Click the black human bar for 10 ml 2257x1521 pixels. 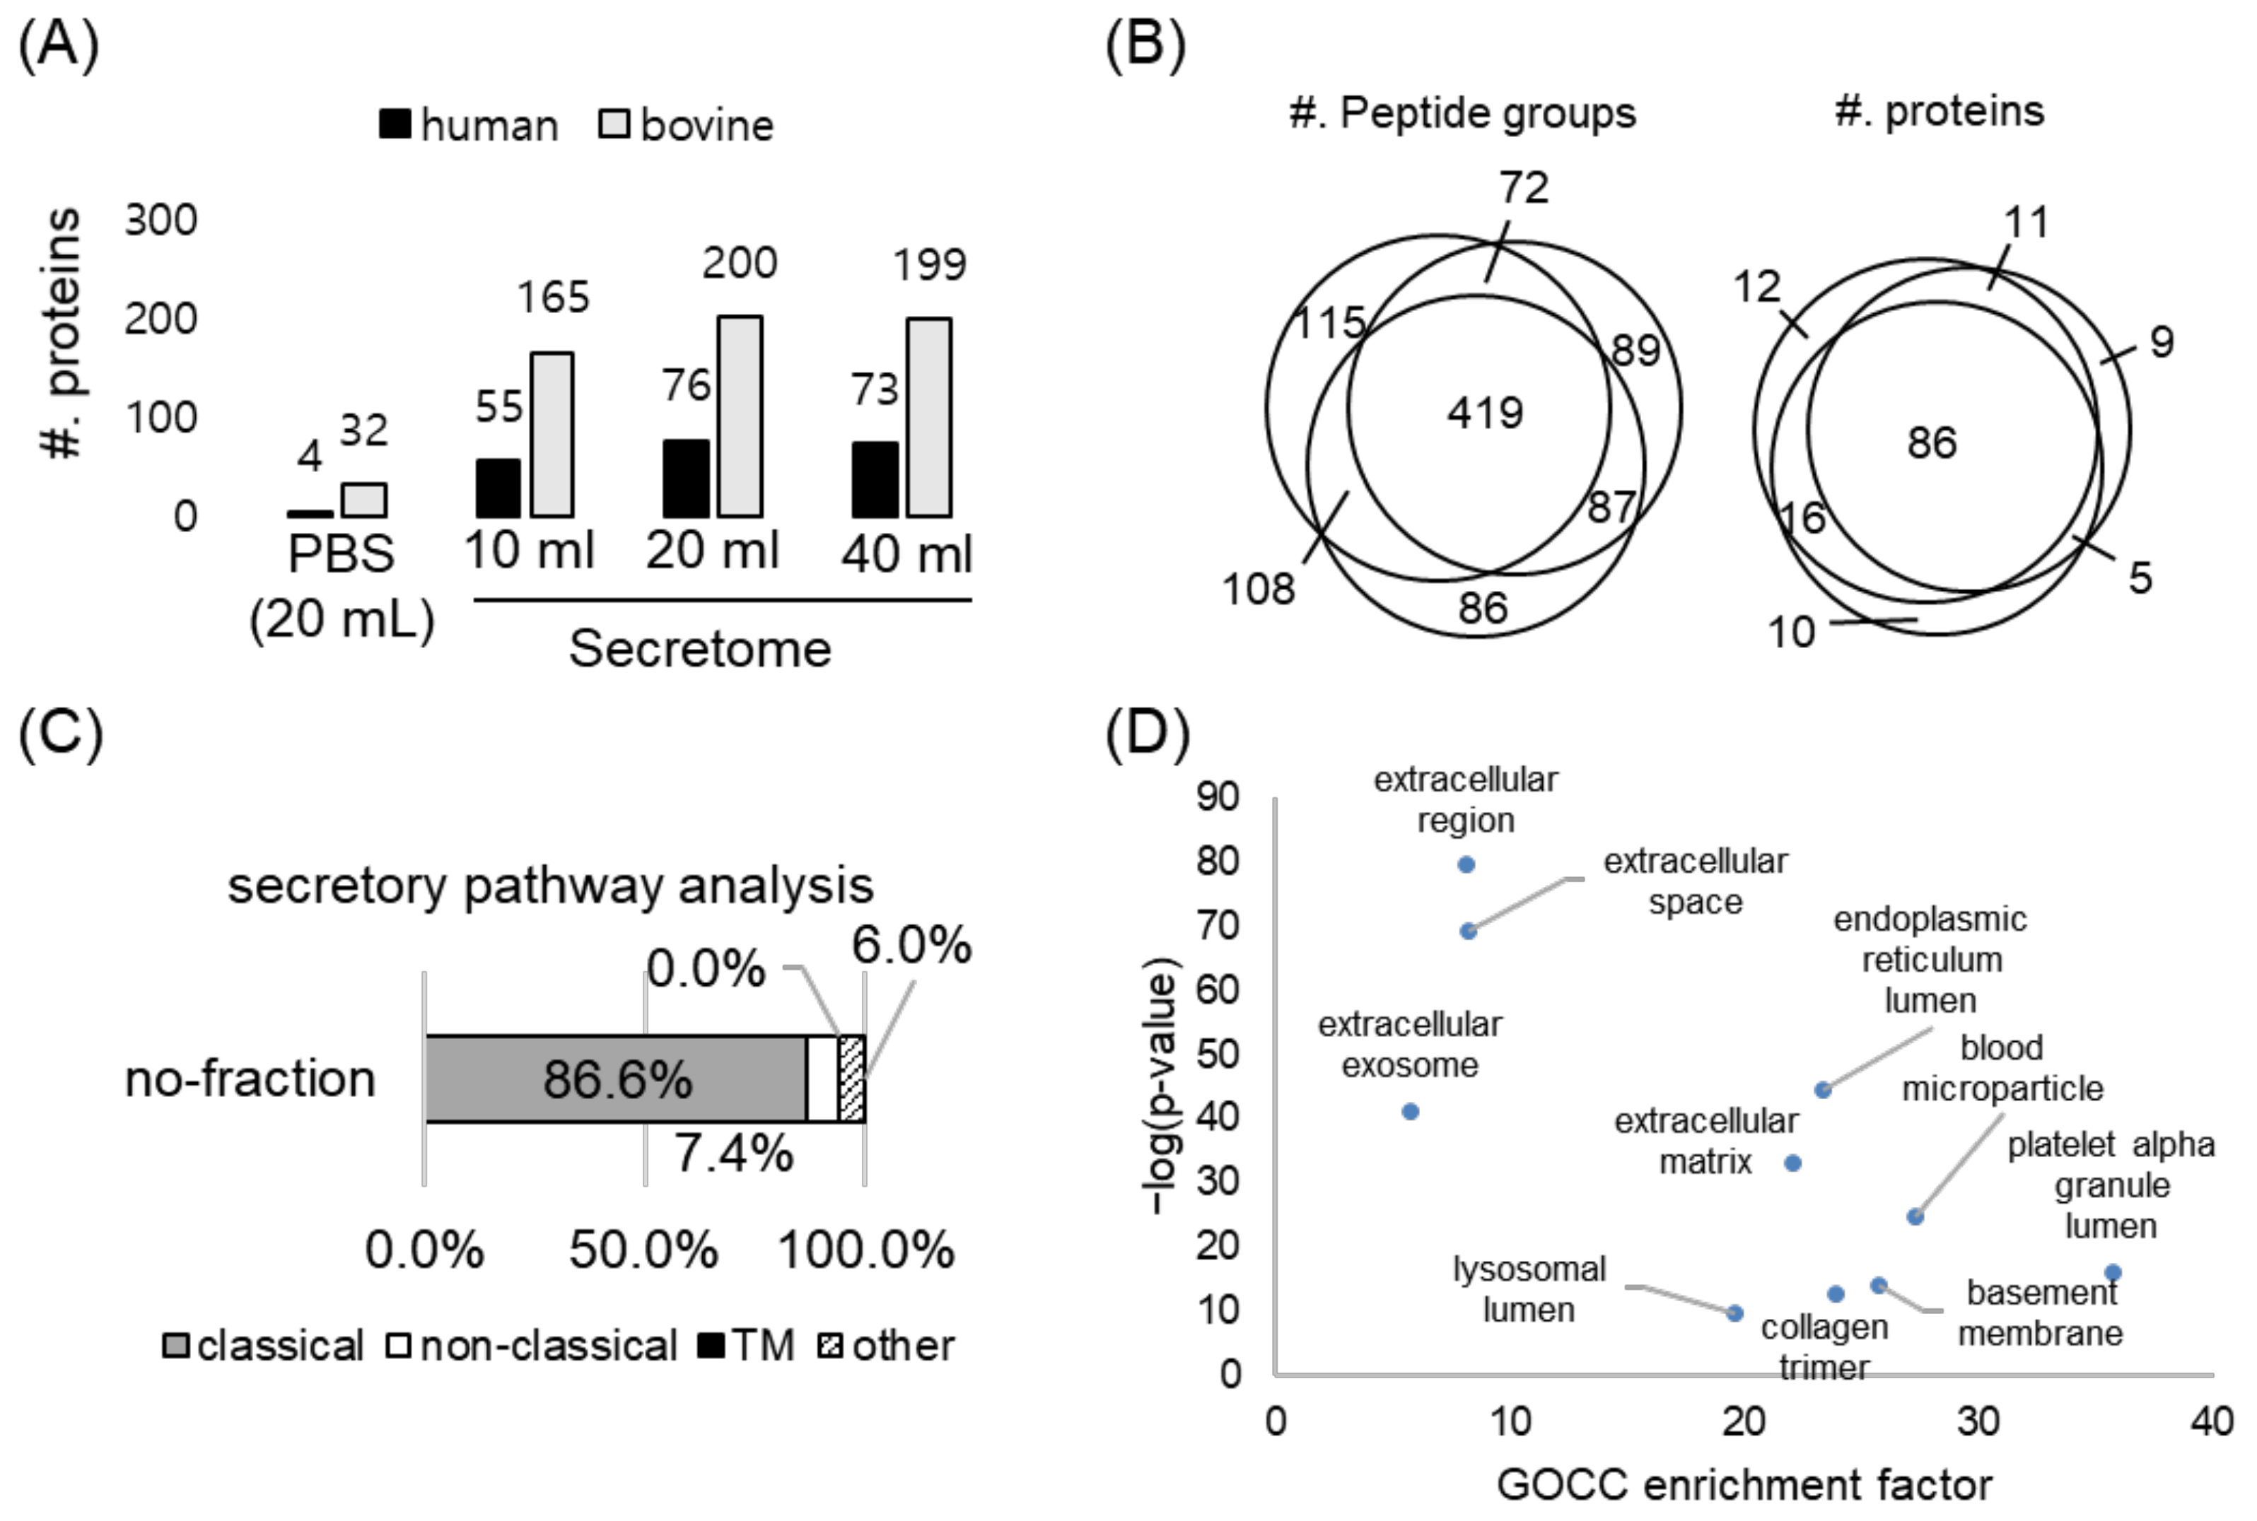(x=498, y=488)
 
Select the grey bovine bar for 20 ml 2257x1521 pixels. (x=740, y=416)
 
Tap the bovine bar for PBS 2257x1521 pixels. (x=364, y=500)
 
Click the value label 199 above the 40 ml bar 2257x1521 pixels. (x=928, y=265)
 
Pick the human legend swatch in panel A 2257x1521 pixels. (x=394, y=125)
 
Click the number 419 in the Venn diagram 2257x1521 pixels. (x=1485, y=413)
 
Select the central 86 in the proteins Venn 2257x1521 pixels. (x=1931, y=443)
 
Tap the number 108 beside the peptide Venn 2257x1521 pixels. (x=1258, y=589)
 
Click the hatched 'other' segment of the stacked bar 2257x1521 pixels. (x=851, y=1079)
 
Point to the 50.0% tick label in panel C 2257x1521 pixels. (x=643, y=1250)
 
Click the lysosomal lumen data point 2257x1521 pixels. (x=1735, y=1313)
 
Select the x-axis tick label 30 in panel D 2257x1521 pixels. (x=1978, y=1422)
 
